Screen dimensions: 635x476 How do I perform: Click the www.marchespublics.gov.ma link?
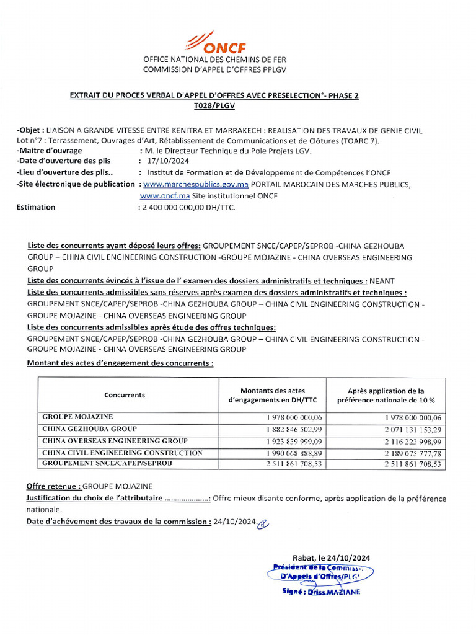[196, 184]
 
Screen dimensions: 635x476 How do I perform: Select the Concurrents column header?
[125, 395]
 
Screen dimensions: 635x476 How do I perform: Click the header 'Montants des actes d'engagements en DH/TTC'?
[272, 396]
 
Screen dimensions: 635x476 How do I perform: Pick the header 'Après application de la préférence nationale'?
[386, 396]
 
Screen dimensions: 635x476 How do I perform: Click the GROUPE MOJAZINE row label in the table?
[77, 417]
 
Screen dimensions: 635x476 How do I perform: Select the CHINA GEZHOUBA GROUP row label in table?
[89, 429]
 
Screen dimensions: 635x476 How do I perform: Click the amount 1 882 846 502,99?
[294, 429]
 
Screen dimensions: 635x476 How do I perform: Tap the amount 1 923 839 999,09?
[294, 441]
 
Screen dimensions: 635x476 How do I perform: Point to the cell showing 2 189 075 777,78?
[413, 453]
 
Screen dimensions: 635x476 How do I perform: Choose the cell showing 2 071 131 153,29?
[413, 429]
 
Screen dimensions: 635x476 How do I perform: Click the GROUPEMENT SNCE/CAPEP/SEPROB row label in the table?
[107, 464]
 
